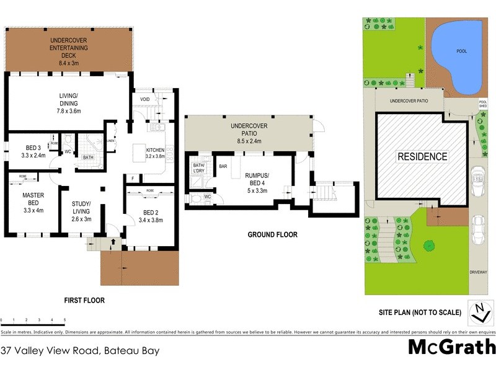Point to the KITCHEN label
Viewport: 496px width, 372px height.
[x=156, y=153]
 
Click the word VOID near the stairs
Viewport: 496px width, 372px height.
[x=144, y=99]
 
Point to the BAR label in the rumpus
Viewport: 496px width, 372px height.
[x=221, y=166]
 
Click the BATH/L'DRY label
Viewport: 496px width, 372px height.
[x=198, y=167]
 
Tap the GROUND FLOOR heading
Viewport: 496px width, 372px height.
[x=272, y=235]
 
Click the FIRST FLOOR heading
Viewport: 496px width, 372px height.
[x=84, y=300]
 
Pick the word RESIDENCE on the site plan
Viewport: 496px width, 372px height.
[x=422, y=157]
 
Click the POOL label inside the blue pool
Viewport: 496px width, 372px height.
[x=461, y=51]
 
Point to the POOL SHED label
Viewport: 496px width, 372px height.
[x=483, y=105]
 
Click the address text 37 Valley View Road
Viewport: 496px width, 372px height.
[x=80, y=350]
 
